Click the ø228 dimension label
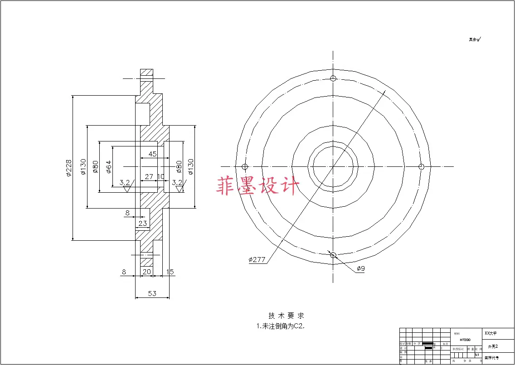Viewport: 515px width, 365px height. (x=68, y=168)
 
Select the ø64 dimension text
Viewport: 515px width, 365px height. (x=108, y=167)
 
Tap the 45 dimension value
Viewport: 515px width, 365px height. (x=152, y=154)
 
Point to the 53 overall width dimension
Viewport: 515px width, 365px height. (x=152, y=293)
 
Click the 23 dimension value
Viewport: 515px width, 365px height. (x=142, y=223)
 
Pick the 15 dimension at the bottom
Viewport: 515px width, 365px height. (x=170, y=272)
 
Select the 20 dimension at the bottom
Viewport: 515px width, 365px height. (x=146, y=272)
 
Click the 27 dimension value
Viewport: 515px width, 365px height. (x=149, y=176)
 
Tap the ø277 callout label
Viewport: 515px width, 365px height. (x=257, y=260)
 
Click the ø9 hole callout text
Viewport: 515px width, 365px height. (x=361, y=268)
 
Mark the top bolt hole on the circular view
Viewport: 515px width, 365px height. (x=333, y=78)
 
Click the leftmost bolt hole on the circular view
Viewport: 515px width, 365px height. (x=245, y=167)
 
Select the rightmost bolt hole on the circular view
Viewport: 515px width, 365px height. (x=421, y=167)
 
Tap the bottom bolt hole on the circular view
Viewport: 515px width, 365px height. (x=333, y=255)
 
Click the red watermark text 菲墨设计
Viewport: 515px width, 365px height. (x=258, y=186)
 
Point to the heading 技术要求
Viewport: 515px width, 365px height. (x=286, y=316)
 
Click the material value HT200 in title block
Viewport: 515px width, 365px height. (x=465, y=340)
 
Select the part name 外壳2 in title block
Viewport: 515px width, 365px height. (x=493, y=346)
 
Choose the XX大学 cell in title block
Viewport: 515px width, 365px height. (x=491, y=333)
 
